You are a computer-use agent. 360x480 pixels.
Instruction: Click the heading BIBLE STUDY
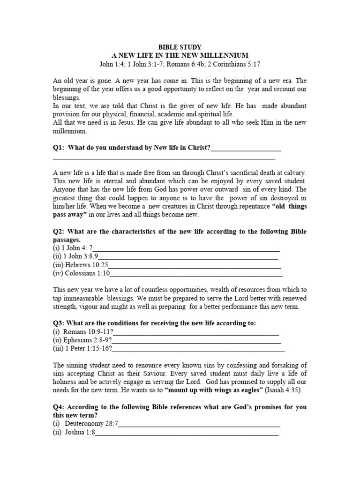tap(180, 47)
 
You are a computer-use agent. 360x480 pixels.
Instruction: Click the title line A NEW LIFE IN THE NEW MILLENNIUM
tap(180, 55)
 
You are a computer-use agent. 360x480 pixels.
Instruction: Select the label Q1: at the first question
tap(59, 148)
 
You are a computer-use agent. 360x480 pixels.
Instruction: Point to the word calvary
tap(295, 172)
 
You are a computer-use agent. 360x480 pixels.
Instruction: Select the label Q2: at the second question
tap(59, 232)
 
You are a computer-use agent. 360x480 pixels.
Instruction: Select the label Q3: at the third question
tap(59, 323)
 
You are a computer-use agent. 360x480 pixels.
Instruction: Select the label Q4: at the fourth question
tap(59, 407)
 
